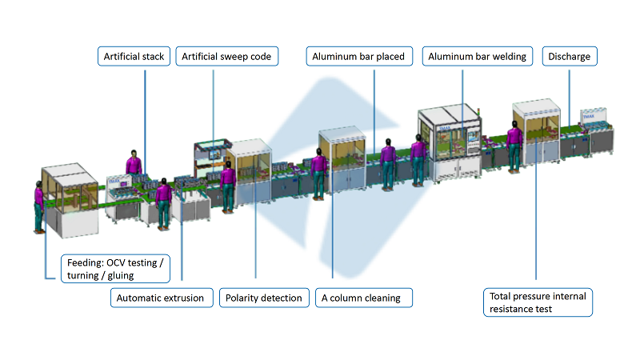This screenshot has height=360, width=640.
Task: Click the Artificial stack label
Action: [x=134, y=57]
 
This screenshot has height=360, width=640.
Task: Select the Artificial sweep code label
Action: [x=226, y=57]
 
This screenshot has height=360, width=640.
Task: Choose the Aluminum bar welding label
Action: [x=478, y=57]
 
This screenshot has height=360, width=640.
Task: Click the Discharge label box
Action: [x=570, y=57]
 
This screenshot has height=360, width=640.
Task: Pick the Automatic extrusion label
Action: [x=161, y=298]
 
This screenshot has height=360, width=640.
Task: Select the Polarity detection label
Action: [x=264, y=298]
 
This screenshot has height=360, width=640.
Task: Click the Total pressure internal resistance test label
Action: [x=538, y=302]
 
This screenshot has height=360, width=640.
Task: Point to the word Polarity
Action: [x=244, y=298]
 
